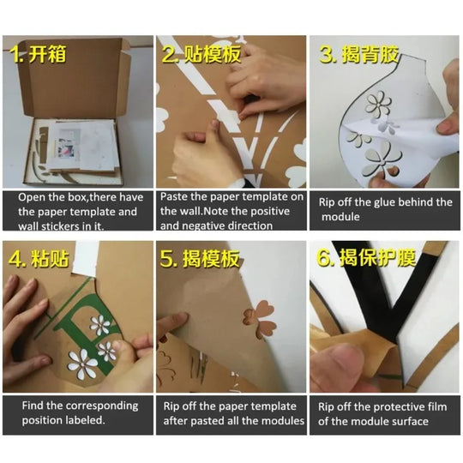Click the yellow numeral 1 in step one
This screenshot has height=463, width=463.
[15, 54]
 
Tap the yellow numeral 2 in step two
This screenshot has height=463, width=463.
[169, 54]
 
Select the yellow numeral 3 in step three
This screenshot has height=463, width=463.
[326, 54]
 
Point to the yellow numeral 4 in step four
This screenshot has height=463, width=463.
[15, 259]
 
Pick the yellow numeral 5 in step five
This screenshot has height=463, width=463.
[167, 258]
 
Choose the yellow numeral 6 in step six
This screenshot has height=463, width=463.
[324, 257]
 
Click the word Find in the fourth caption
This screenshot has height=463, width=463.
[33, 406]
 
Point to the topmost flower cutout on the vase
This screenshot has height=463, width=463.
[378, 104]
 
